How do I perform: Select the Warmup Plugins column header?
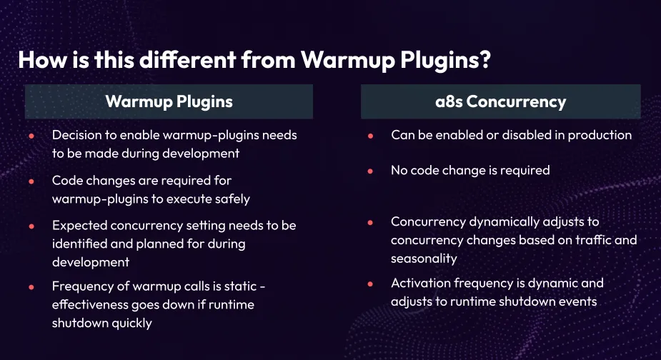(x=169, y=101)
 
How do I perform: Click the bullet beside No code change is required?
(x=369, y=171)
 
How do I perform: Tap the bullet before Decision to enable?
(x=31, y=136)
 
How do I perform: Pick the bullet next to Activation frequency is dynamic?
(x=369, y=284)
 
